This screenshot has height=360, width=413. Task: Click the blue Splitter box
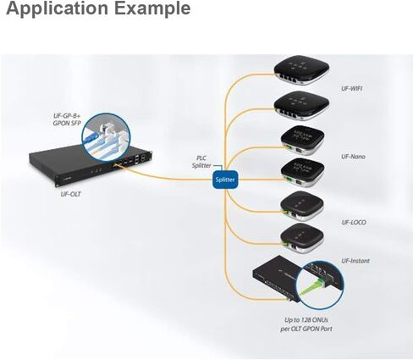tap(225, 180)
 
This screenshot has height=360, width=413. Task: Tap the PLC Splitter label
tap(201, 162)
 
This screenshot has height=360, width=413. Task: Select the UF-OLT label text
tap(70, 194)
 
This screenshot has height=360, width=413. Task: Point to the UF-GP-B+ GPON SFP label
tap(67, 119)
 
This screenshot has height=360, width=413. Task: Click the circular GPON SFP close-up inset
tap(106, 137)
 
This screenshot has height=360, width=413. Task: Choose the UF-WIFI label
tap(352, 88)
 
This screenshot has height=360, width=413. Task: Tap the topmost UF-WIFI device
tap(301, 70)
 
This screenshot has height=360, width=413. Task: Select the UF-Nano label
tap(353, 157)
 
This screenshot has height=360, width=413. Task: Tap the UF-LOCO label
tap(354, 222)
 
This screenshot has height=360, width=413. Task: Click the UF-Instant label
tap(355, 261)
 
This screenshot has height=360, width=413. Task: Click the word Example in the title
tap(152, 8)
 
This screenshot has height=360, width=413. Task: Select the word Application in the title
tap(58, 8)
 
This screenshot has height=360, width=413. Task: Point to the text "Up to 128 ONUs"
tap(306, 320)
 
